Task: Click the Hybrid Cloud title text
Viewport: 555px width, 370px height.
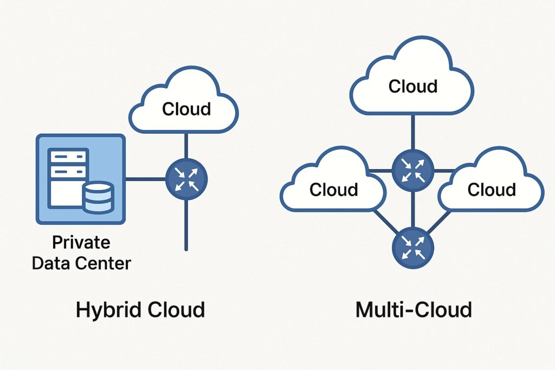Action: click(140, 310)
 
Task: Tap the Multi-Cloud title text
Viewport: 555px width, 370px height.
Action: click(414, 310)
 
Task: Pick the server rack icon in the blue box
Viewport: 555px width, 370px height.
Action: click(67, 176)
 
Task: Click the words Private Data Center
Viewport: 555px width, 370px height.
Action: click(81, 253)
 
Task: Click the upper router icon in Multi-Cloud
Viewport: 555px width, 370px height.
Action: click(413, 170)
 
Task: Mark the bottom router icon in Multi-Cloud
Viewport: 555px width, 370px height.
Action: click(413, 249)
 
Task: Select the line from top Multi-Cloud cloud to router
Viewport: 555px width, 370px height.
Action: click(413, 133)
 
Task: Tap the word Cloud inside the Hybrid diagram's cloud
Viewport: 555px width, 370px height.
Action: click(186, 109)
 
